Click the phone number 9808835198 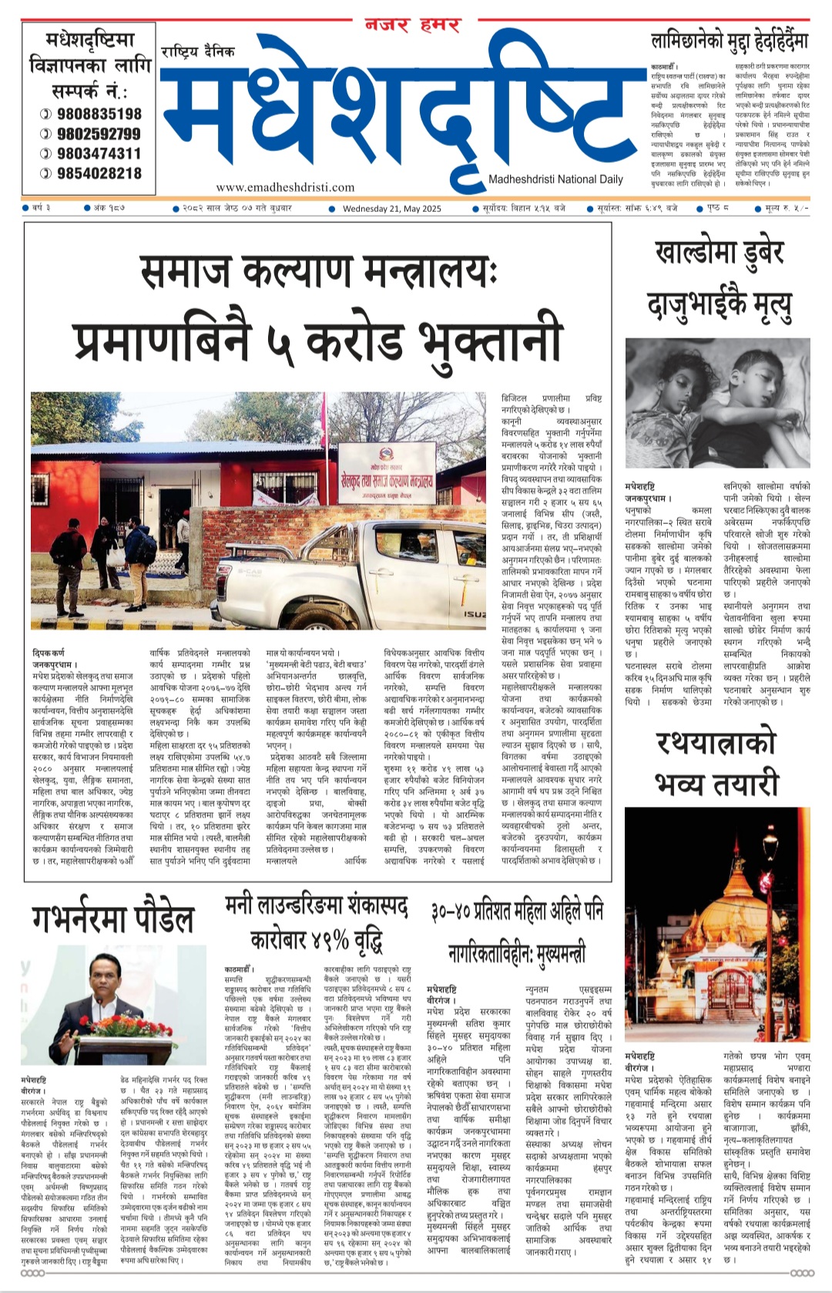[99, 114]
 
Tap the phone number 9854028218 [99, 173]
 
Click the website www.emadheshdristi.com [285, 186]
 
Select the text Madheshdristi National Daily [555, 180]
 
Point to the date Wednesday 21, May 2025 [391, 208]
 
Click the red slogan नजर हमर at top [413, 25]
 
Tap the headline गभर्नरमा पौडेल [113, 919]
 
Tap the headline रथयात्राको [716, 744]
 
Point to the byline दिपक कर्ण [49, 653]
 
